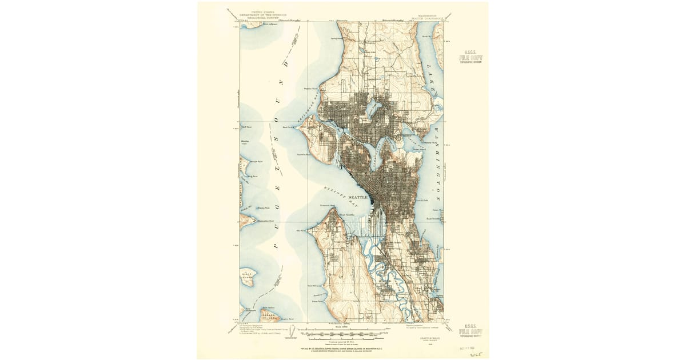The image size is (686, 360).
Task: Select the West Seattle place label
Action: pos(346,215)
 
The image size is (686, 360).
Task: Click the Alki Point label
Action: pos(301,231)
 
